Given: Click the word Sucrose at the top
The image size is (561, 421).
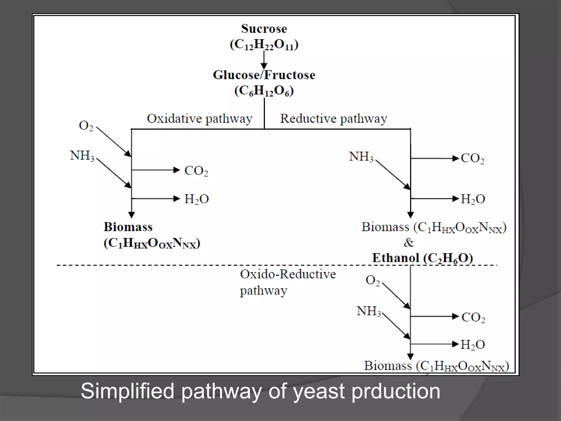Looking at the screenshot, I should point(264,29).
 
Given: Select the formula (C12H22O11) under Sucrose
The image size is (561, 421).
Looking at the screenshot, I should point(264,45).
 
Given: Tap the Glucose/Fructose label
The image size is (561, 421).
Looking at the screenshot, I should point(264,75).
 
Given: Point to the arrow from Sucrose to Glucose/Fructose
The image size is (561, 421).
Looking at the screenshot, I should point(264,60).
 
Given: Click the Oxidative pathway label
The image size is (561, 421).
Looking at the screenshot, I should point(199,119).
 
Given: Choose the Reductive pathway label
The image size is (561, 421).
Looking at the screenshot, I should point(334,119).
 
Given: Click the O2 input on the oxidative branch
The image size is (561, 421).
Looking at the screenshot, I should point(86,126).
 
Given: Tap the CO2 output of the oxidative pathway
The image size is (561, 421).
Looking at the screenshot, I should point(196,171).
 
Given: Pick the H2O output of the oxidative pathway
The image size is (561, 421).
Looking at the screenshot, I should point(196,199).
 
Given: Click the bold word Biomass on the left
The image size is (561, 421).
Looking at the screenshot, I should point(128,227).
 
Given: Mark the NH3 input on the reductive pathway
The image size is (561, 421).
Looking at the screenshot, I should point(361,157).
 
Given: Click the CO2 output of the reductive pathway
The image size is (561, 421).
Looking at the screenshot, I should point(473,158).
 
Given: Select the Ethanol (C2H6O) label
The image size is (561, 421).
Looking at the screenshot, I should point(422,258).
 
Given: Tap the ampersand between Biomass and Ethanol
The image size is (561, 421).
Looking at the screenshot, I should point(408,243).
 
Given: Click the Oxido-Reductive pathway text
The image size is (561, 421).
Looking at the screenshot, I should point(288,282).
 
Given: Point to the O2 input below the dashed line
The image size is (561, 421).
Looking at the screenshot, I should point(373,280).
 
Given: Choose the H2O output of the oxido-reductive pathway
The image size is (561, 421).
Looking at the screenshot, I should point(473,345).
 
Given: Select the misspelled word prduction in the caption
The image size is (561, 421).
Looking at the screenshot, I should point(396,391).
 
